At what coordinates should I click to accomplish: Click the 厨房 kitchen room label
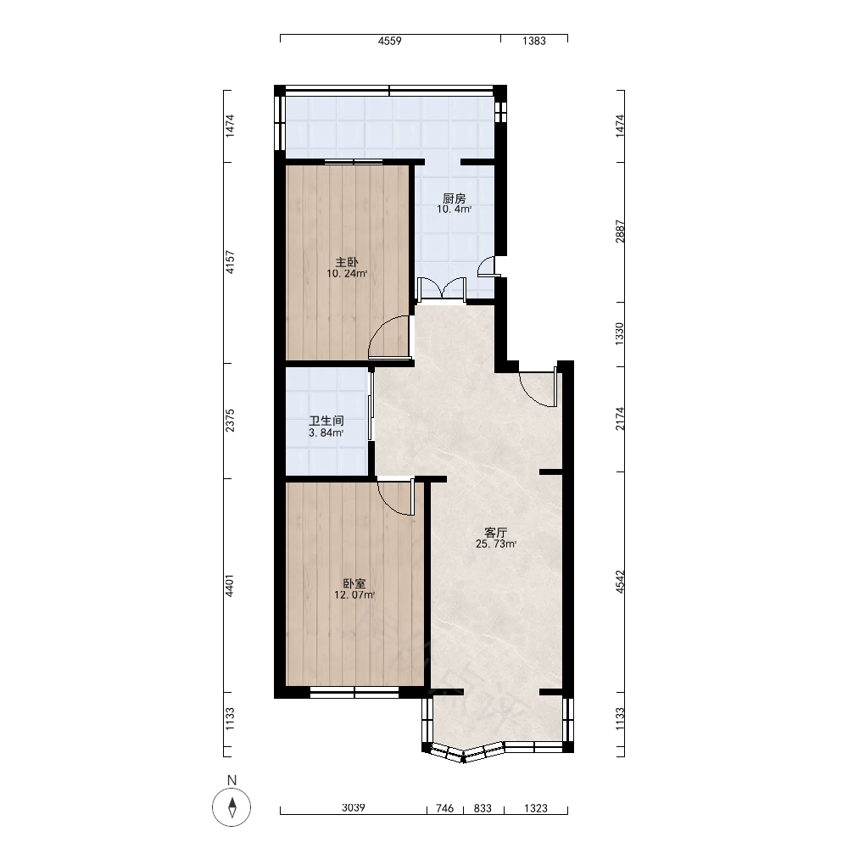(454, 199)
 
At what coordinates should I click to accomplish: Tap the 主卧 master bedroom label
(347, 263)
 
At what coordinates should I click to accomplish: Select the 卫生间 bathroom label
(326, 421)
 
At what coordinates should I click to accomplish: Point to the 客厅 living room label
(496, 533)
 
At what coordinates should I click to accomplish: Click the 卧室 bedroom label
(354, 584)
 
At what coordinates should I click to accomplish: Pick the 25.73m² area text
(496, 544)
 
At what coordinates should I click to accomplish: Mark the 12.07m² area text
(354, 595)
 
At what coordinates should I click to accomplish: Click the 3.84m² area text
(326, 433)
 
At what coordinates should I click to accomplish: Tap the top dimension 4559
(389, 41)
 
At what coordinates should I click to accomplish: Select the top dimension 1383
(533, 41)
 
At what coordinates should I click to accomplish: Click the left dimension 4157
(231, 262)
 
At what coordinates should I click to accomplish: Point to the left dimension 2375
(231, 421)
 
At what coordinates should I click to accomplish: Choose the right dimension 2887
(620, 232)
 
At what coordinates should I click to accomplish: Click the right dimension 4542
(620, 582)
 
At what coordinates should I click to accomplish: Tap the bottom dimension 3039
(353, 808)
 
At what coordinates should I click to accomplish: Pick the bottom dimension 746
(444, 808)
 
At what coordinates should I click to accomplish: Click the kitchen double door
(443, 289)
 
